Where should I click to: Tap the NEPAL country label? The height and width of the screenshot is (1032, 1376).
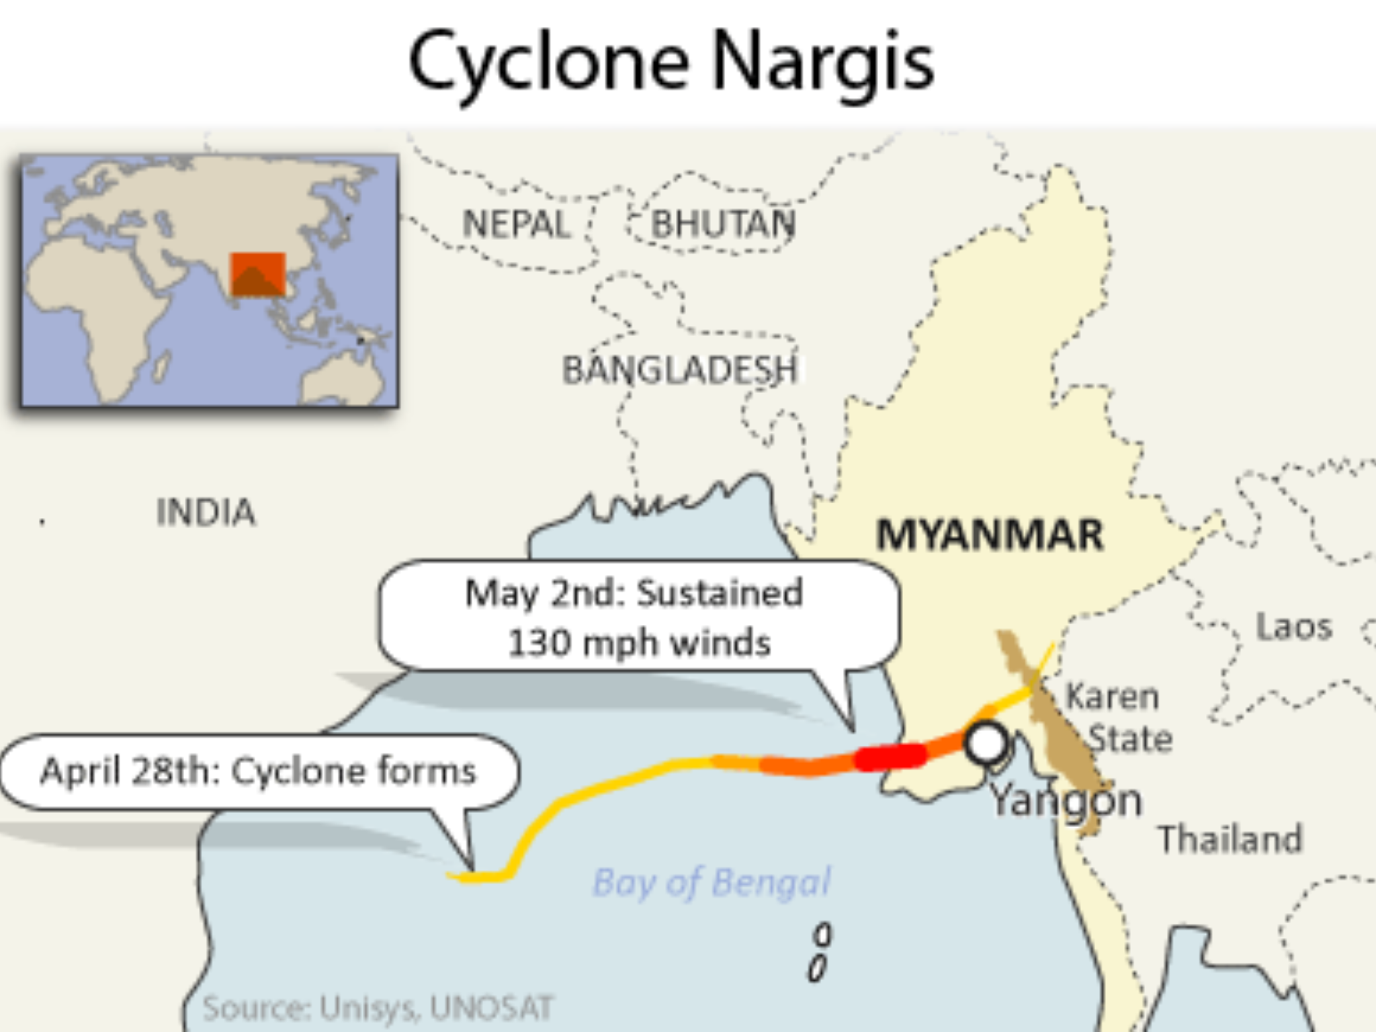coord(516,224)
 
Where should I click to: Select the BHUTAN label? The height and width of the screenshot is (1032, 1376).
coord(724,224)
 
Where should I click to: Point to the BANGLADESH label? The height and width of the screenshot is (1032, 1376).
coord(680,370)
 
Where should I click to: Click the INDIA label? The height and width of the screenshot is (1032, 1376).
coord(206,512)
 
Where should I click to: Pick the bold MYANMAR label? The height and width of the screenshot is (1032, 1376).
coord(990,535)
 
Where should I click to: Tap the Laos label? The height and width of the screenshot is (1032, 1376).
coord(1294,627)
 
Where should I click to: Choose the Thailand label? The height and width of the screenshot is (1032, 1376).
coord(1230,839)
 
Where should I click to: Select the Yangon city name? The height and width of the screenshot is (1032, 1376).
coord(1067,801)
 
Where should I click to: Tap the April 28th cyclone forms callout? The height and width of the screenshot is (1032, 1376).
coord(259,771)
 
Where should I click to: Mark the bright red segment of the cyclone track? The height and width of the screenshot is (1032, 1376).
coord(891,757)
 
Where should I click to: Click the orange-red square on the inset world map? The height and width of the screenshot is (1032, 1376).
coord(258,274)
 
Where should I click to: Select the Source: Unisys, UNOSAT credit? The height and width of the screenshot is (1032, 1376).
coord(378,1008)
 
